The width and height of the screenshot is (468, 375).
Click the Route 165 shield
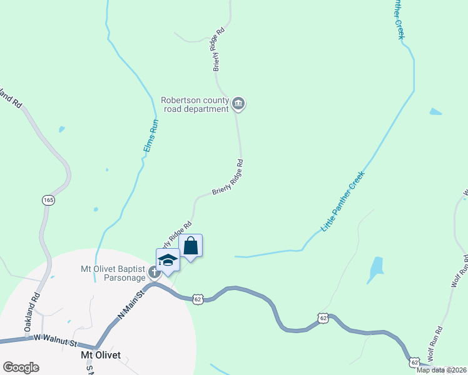48,200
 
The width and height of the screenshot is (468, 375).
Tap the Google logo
21,367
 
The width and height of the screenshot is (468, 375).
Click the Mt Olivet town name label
100,354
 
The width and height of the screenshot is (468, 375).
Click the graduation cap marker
168,259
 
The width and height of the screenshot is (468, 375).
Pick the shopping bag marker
191,246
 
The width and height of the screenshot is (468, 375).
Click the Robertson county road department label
195,104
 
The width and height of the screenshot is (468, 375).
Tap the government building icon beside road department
238,103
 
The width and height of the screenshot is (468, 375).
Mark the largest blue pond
375,269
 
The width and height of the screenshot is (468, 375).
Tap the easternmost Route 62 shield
414,362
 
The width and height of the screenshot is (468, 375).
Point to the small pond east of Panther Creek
435,112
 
